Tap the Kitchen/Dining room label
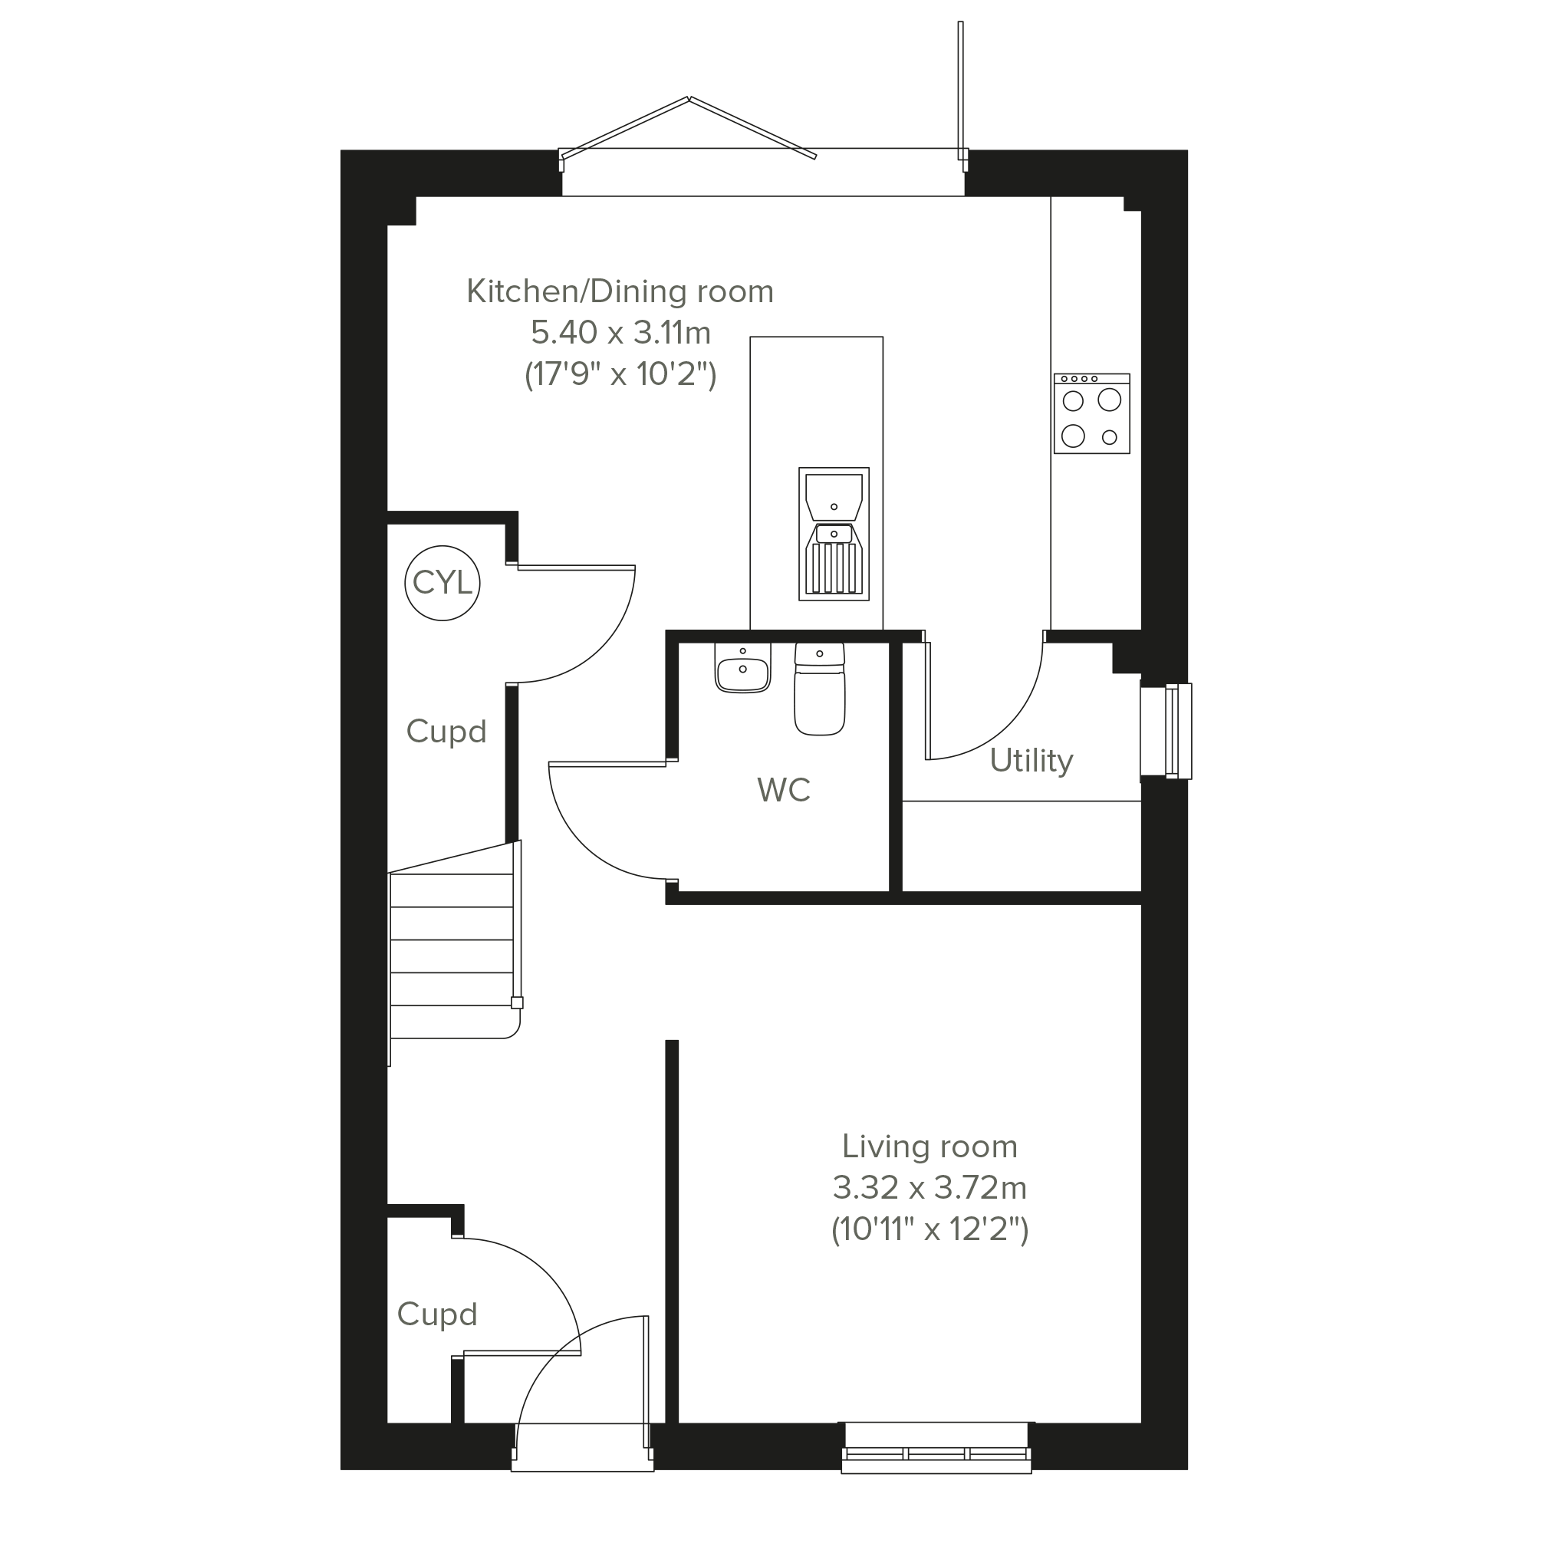pos(620,291)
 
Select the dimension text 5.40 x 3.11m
pos(620,332)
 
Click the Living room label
pos(929,1147)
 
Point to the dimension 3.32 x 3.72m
pos(929,1187)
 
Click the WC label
pos(784,790)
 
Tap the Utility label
pos(1031,761)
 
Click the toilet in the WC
pos(820,689)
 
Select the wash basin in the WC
pos(742,668)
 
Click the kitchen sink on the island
pos(834,534)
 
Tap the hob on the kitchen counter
pos(1091,414)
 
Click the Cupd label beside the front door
pos(437,1314)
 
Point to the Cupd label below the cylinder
pos(446,732)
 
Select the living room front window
pos(936,1448)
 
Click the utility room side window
pos(1166,732)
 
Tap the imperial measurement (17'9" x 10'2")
pos(620,374)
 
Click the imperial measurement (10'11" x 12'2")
pos(929,1230)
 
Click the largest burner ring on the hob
pos(1109,400)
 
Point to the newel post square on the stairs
pos(517,1003)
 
